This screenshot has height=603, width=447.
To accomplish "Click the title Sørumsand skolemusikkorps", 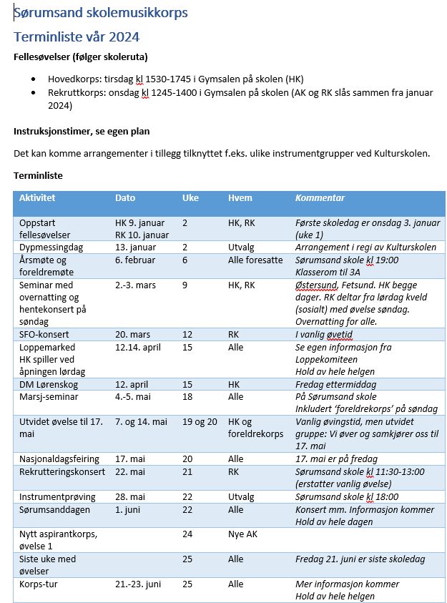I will coord(101,13).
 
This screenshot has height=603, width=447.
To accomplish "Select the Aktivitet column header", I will coord(37,197).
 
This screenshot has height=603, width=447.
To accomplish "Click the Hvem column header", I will coord(240,197).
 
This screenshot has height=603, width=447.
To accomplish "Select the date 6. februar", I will coord(135,260).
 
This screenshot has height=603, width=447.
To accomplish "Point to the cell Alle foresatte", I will coord(255,260).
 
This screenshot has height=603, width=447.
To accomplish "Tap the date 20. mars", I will coord(134,335).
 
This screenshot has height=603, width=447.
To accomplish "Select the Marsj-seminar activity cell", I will coord(49,397).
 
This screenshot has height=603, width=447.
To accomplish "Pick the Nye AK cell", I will coord(242,534).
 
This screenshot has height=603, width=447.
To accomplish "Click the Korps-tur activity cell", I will coord(41,584).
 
